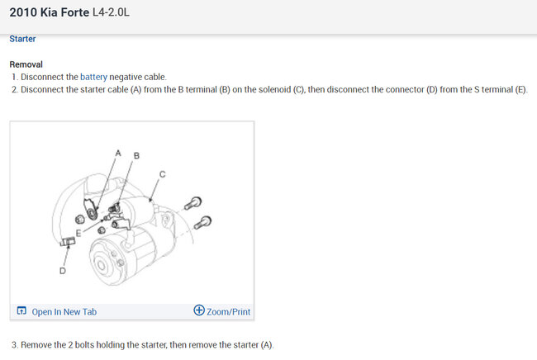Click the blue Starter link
click(22, 39)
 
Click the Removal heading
click(26, 64)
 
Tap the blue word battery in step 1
click(93, 77)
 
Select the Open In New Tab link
click(64, 312)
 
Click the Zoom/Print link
click(228, 312)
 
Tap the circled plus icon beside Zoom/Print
click(199, 310)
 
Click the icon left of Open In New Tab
click(21, 310)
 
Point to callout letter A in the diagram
click(118, 153)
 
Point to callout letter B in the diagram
click(136, 156)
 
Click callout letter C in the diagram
click(162, 174)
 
